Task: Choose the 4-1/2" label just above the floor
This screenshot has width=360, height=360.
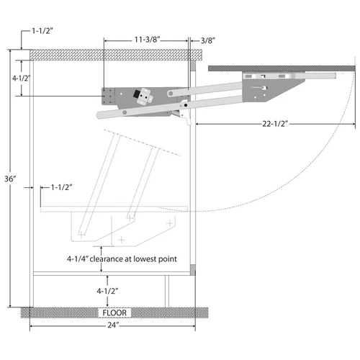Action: [x=104, y=290]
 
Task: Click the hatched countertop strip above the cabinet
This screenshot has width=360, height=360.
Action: [x=108, y=55]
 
